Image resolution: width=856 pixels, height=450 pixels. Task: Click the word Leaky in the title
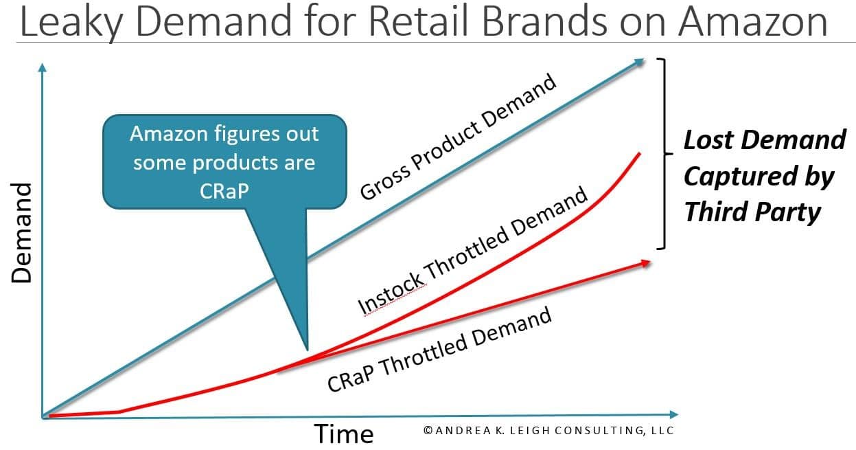coord(71,22)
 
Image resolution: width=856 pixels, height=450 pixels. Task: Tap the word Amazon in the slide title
coord(753,21)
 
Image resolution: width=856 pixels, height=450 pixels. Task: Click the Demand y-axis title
coord(21,233)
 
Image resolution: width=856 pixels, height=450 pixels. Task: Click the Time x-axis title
coord(344,434)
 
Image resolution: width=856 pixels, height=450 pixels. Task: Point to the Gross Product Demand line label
coord(458,137)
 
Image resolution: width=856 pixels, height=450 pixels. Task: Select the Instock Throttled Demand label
coord(472,251)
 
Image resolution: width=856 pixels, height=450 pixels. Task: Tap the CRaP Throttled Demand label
coord(439,349)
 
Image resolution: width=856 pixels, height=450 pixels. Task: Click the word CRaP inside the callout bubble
coord(224,190)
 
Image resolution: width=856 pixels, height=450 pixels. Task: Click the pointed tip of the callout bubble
coord(308,350)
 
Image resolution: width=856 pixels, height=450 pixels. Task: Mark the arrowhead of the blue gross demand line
coord(639,62)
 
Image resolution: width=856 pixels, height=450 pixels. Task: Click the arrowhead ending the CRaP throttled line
coord(645,263)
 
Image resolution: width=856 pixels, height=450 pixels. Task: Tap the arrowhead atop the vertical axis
coord(43,67)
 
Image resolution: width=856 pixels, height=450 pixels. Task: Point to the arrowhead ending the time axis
coord(673,414)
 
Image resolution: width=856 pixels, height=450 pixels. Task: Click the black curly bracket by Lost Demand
coord(665,154)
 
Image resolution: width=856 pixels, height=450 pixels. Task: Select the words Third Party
coord(752,212)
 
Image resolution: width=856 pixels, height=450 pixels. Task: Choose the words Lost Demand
coord(765,139)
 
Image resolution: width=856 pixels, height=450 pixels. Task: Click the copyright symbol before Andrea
coord(428,431)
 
